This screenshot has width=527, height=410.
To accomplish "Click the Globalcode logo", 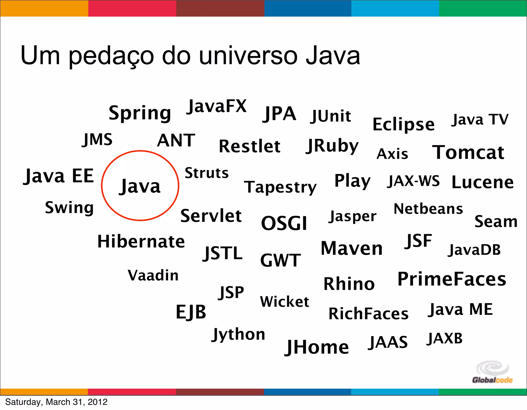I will (x=492, y=372).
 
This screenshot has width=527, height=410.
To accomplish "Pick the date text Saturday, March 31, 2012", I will (x=56, y=402).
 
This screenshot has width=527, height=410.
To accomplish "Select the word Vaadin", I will (x=153, y=275).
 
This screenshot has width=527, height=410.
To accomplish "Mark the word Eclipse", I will (x=403, y=125).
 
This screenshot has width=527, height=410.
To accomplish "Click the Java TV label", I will (x=480, y=120).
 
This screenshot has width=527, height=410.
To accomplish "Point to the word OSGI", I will (x=284, y=223).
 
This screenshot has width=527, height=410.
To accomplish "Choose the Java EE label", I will (x=59, y=176).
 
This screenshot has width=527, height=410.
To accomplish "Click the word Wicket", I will (x=284, y=302).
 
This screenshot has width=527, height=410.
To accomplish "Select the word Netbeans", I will (x=428, y=209).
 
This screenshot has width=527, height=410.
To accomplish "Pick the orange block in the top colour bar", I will (x=44, y=8).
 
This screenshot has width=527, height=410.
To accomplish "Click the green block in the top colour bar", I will (x=483, y=8).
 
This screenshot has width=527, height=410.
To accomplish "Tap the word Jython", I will (x=238, y=334).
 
